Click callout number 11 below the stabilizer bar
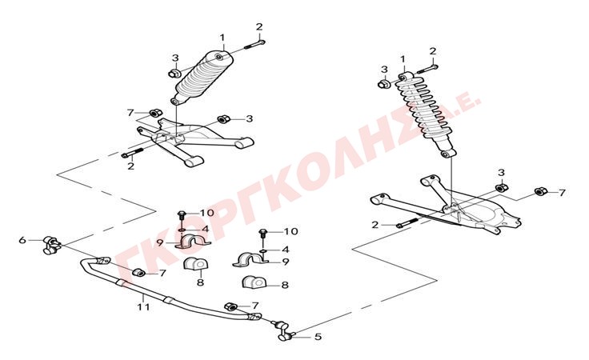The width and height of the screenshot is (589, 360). pos(143,306)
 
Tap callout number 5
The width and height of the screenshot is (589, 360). pos(318,337)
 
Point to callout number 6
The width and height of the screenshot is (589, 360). pos(22,239)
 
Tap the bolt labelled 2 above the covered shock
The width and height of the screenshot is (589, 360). pos(255,44)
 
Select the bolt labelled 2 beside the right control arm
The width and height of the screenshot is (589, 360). pos(407,223)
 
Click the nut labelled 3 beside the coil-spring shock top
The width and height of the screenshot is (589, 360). pos(384,83)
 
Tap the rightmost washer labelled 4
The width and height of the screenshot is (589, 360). pos(264,250)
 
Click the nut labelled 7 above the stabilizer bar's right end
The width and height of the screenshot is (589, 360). pos(230,306)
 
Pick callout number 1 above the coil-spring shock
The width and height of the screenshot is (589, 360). pos(403,59)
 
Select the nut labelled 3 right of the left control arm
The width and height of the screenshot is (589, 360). pos(224,118)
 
